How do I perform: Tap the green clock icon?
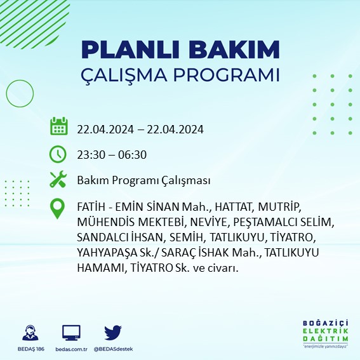[58, 153]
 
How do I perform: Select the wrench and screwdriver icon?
[58, 180]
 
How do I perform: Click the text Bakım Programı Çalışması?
[143, 181]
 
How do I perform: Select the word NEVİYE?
[208, 223]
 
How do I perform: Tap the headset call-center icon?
[28, 333]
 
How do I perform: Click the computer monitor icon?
[71, 333]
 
